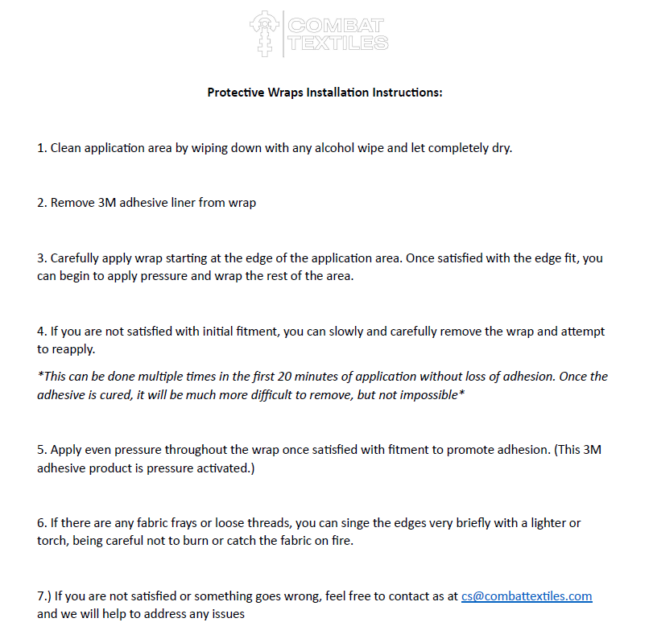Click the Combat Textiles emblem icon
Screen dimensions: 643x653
(x=264, y=34)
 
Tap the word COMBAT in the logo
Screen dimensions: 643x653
(x=337, y=26)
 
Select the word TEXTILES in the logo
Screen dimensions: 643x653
(x=338, y=43)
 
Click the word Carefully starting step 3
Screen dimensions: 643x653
(x=77, y=258)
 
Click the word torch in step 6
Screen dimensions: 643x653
(x=52, y=542)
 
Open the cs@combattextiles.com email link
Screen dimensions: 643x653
(x=527, y=596)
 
